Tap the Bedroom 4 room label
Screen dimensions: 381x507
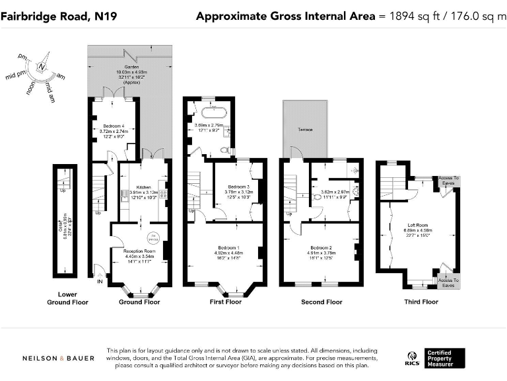(113, 126)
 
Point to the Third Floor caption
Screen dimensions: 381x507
(421, 302)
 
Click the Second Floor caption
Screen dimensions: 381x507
(321, 302)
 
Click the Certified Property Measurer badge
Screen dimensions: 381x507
(444, 358)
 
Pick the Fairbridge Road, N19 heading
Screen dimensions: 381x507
(60, 15)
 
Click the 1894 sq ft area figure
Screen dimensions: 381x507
(409, 15)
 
